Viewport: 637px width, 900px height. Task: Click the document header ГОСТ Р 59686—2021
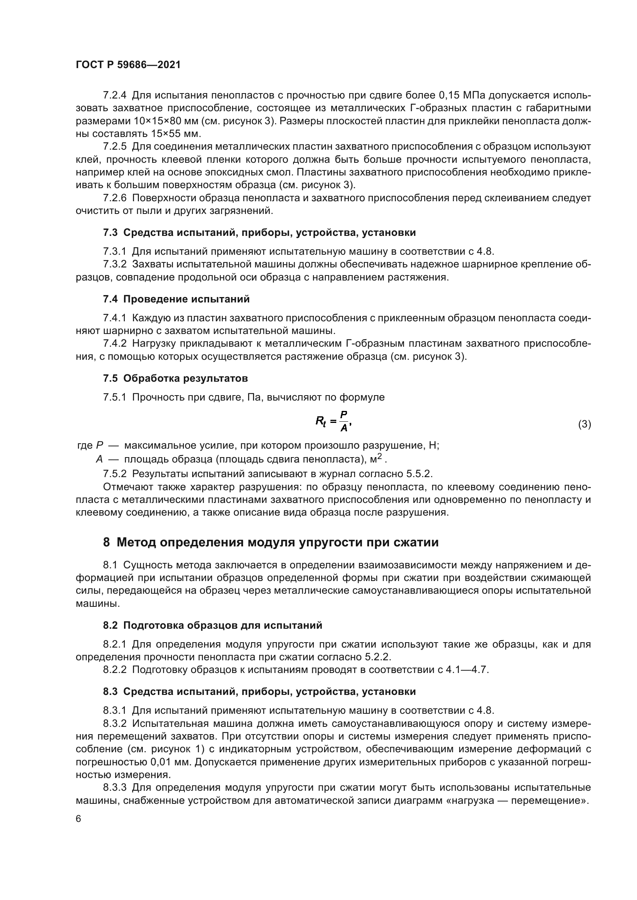128,65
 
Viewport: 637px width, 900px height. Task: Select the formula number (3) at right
584,424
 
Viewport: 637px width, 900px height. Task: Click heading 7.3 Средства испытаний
259,232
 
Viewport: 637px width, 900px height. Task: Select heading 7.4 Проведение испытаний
176,299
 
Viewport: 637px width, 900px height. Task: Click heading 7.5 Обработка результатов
175,378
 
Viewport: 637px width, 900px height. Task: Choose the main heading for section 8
271,542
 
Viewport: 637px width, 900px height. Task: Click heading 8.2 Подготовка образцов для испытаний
212,625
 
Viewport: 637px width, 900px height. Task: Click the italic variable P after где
100,446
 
